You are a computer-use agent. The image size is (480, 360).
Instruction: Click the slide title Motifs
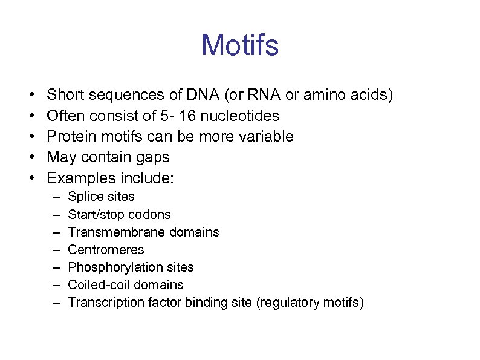point(240,45)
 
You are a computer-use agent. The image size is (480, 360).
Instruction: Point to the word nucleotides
point(238,115)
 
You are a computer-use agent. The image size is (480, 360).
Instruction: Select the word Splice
point(83,197)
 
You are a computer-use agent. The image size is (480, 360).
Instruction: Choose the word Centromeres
point(106,249)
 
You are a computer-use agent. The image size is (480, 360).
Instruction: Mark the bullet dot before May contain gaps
point(31,157)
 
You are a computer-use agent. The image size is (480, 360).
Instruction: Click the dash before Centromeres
point(56,249)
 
